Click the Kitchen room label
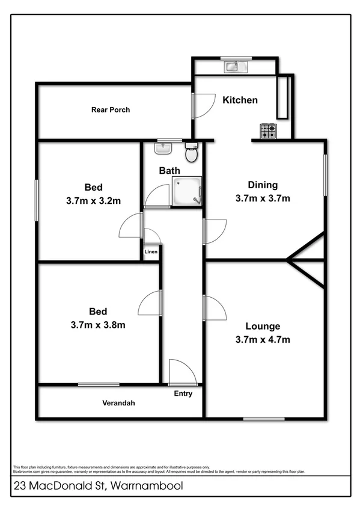tap(240, 100)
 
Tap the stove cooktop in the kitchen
tap(268, 130)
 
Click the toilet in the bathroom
tap(191, 153)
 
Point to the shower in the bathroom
tap(187, 191)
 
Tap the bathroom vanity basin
tap(162, 148)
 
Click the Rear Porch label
tap(111, 110)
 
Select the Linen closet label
tap(151, 252)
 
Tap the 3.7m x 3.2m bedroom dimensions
tap(93, 201)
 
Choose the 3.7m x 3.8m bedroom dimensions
tap(98, 325)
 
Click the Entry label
tap(183, 394)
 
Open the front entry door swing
tap(182, 373)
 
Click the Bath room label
tap(169, 171)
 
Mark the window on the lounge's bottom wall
tap(264, 419)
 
